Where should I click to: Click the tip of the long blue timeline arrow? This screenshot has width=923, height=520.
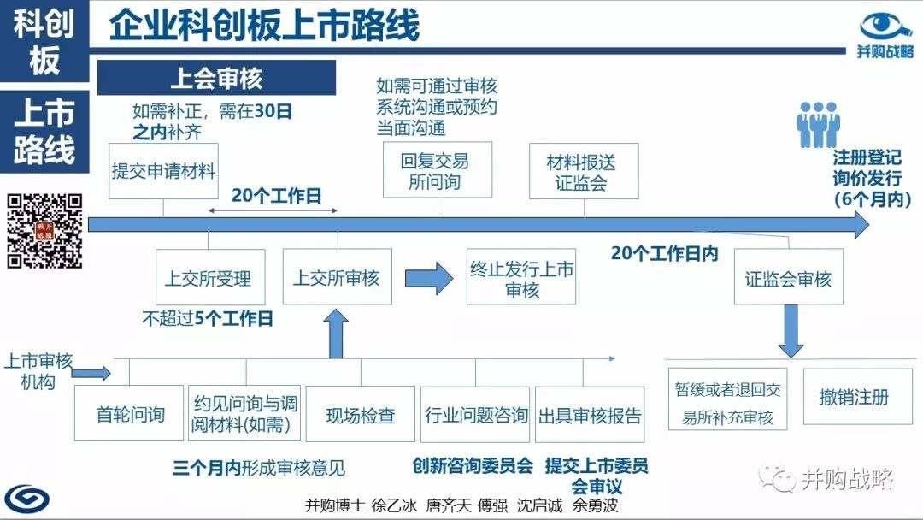[x=869, y=224]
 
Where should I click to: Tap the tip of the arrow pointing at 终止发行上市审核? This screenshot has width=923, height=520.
[x=453, y=278]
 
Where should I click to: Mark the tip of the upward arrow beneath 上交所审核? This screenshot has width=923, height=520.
[x=336, y=309]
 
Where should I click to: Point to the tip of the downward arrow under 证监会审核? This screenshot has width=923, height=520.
[x=791, y=357]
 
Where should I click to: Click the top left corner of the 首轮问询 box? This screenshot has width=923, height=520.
[x=74, y=386]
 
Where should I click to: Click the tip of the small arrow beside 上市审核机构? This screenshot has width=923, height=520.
[x=110, y=373]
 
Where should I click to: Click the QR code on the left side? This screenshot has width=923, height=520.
[x=44, y=231]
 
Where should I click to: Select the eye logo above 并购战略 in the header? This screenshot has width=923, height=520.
[x=885, y=27]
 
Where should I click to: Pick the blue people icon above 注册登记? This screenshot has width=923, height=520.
[x=818, y=124]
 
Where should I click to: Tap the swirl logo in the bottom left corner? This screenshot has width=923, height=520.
[x=27, y=499]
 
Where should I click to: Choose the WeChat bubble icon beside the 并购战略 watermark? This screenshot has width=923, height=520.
[x=777, y=478]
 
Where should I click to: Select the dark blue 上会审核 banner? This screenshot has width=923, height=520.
[x=216, y=78]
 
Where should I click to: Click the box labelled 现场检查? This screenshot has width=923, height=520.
[x=361, y=414]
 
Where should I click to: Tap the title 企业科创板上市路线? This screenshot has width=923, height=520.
[x=264, y=25]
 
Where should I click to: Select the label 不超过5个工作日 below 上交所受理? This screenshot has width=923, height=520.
[x=208, y=319]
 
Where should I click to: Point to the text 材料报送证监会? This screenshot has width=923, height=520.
[x=581, y=173]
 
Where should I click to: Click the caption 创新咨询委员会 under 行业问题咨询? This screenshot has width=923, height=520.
[x=473, y=466]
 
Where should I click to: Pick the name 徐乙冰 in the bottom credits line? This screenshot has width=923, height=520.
[x=394, y=505]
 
